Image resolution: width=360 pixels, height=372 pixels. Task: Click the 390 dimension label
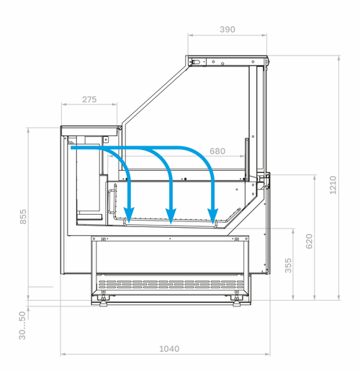coord(228,30)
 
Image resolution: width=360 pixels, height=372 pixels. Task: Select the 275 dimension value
coord(89,99)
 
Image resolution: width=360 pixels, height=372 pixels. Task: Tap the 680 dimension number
coord(217,151)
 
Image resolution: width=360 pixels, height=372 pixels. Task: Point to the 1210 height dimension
coord(333,185)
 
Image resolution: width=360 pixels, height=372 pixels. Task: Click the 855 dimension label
coord(23,217)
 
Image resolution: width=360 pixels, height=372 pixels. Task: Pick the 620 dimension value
coord(310,242)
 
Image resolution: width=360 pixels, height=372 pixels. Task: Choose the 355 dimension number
coord(288,265)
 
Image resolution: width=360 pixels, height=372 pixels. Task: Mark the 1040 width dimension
coord(169,349)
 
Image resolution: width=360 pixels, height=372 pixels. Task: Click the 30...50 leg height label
coord(22,325)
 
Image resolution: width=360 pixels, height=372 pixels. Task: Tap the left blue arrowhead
coord(129,215)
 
